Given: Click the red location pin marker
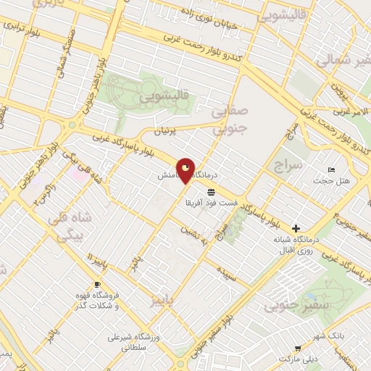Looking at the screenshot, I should point(185,171).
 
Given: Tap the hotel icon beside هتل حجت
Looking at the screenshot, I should point(331,170).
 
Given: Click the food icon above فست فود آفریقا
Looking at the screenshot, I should point(210,191).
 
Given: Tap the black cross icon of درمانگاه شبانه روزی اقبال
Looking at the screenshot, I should point(296,228).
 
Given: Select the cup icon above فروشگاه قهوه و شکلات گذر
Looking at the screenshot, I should point(97,284).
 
